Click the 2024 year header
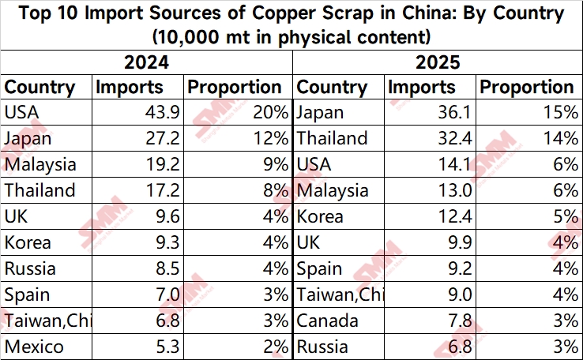(x=146, y=62)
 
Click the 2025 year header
(x=438, y=62)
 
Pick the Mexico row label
(x=34, y=346)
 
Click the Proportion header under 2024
(x=233, y=87)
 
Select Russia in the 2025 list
(x=323, y=346)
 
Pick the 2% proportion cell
(x=274, y=346)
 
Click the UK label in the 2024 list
(x=17, y=216)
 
